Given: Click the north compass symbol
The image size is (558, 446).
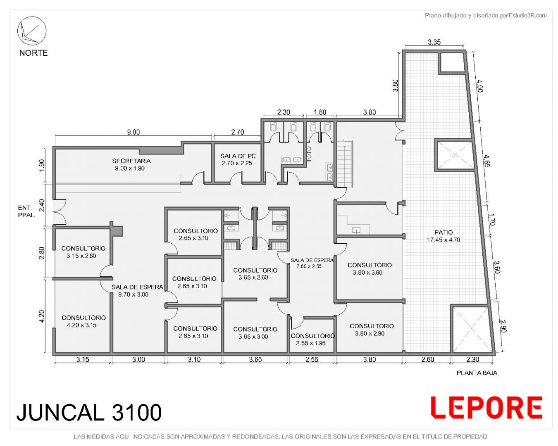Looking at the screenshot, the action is pos(32,31).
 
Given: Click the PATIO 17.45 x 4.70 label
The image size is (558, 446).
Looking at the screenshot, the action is pos(444,236).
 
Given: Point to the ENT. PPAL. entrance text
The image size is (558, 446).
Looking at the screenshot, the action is pos(26,211).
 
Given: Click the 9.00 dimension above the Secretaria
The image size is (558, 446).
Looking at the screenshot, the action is pos(133,132).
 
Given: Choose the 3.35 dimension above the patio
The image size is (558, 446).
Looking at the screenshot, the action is pos(434,42).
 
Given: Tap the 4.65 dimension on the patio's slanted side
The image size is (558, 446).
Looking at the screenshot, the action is pos(486,161).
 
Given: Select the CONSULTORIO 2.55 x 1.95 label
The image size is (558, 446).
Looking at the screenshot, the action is pos(312,339).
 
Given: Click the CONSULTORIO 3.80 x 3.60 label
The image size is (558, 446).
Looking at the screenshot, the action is pos(370,268).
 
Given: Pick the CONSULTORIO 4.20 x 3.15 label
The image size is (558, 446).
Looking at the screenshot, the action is pos(83,321).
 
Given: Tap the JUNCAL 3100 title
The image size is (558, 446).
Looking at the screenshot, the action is pos(89,412).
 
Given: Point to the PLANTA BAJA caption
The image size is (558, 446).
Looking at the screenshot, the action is pos(477,373).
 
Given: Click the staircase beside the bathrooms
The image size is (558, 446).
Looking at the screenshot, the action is pos(345,164).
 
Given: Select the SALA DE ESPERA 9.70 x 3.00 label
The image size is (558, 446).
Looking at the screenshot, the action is pos(137,290).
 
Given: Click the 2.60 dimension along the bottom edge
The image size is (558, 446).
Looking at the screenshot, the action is pos(427,359).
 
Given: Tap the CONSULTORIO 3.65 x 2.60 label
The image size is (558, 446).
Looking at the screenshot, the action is pos(255,274).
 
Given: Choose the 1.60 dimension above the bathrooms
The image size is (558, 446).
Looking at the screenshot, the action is pos(320,112).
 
